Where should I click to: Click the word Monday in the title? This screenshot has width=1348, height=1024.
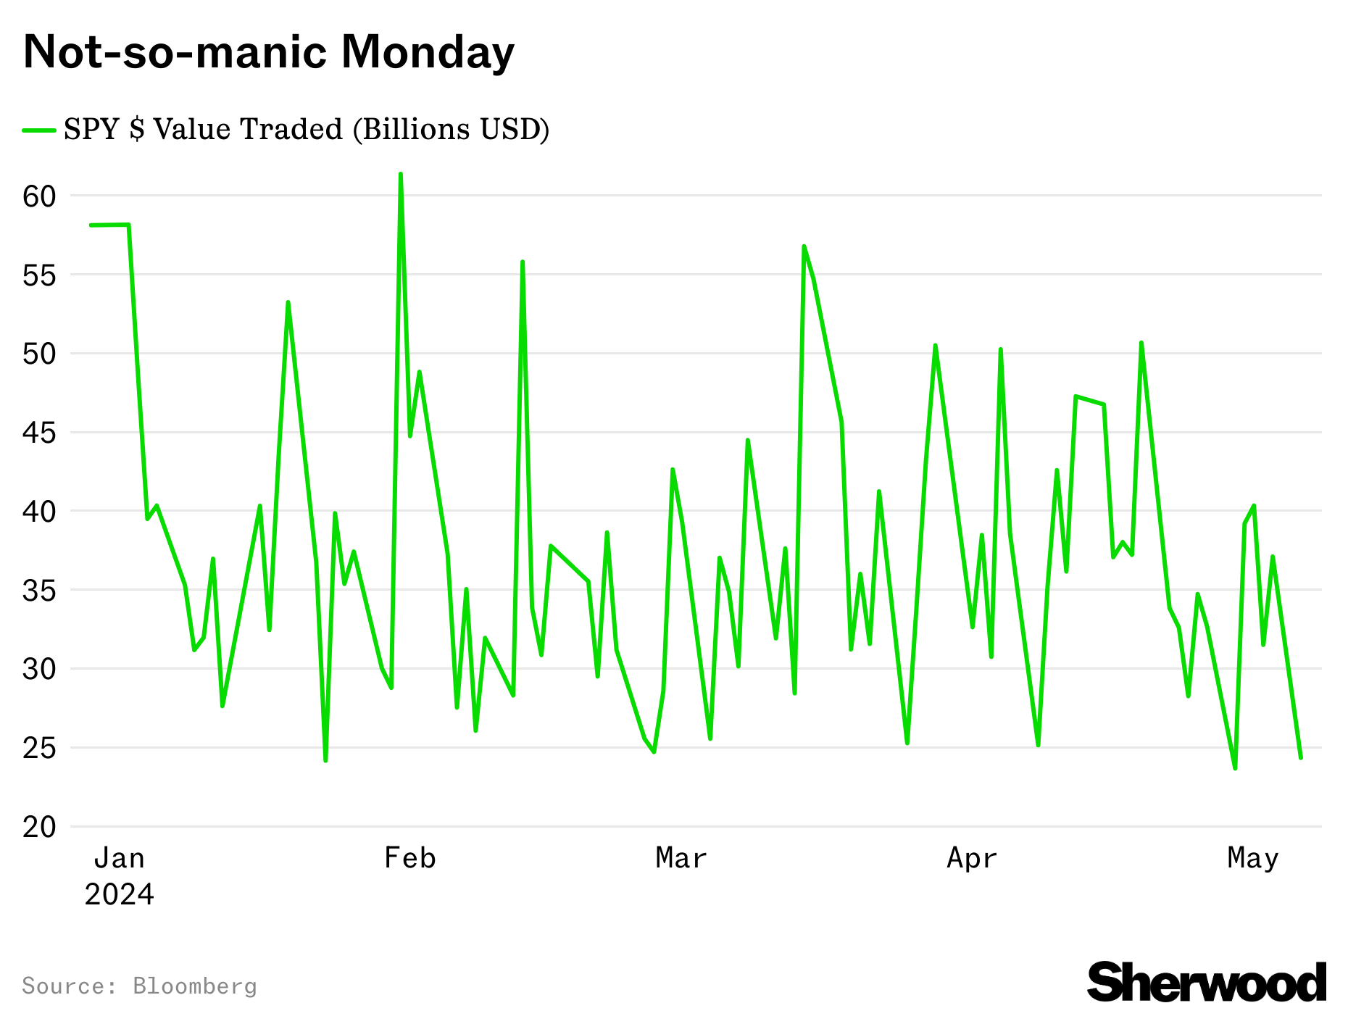(427, 53)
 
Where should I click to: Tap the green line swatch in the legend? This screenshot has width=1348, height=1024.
(39, 130)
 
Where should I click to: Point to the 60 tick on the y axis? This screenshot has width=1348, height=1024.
(39, 196)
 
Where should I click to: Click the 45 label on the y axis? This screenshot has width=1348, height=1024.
(39, 433)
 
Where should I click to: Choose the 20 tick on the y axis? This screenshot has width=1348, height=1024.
(39, 827)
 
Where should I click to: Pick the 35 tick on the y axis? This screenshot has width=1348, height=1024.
(39, 591)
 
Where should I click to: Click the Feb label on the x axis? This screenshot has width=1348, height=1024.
(409, 858)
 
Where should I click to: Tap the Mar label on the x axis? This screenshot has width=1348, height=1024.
(681, 858)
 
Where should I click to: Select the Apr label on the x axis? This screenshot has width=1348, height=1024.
(972, 858)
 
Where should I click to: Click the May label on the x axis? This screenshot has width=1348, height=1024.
(1252, 858)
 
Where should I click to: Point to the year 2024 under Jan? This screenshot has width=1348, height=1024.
(119, 894)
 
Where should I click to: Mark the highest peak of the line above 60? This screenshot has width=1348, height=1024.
(401, 174)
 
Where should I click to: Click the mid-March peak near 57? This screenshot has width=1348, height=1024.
(804, 246)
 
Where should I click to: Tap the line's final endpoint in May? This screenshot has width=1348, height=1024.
(1301, 758)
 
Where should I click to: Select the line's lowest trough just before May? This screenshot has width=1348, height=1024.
(1235, 768)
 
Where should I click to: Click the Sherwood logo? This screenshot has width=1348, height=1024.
(1206, 983)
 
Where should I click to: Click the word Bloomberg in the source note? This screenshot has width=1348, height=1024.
(194, 986)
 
